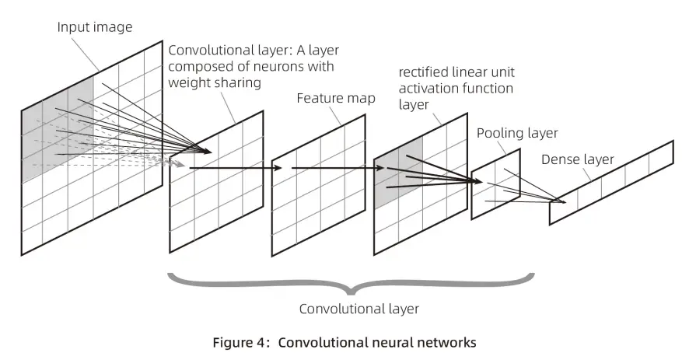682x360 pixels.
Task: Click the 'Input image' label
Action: click(x=95, y=27)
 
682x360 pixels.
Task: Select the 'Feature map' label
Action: click(x=336, y=99)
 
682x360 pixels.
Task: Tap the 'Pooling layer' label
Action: click(x=517, y=133)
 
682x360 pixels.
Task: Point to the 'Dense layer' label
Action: click(x=577, y=160)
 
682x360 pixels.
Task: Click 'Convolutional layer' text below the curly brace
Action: click(x=358, y=309)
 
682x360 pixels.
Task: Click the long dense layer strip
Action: click(x=611, y=182)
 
